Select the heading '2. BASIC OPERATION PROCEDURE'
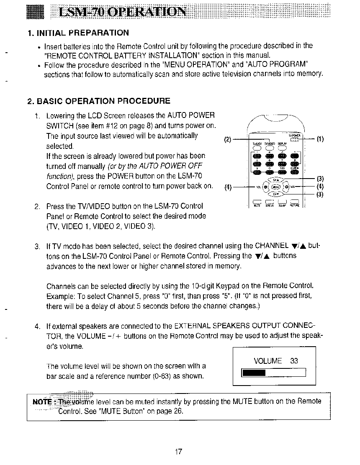[98, 101]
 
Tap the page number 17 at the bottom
[178, 452]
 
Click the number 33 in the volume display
[294, 361]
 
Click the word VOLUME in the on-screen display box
[268, 361]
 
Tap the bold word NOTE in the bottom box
[42, 402]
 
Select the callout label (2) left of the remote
[228, 140]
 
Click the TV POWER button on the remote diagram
[295, 140]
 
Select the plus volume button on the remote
[286, 187]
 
